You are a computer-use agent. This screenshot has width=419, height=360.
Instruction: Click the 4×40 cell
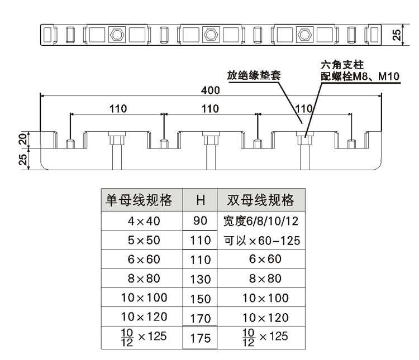[144, 221]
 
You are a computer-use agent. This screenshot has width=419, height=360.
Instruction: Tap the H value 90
[200, 221]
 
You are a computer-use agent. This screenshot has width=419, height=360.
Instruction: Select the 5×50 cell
[144, 241]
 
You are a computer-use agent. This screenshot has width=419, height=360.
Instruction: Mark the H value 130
[200, 279]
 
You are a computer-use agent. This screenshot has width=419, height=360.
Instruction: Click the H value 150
[200, 299]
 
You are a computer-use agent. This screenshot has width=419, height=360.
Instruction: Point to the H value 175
[200, 338]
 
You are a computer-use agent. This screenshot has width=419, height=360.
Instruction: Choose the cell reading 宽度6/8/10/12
[261, 221]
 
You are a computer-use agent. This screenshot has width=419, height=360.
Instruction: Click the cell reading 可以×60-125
[261, 241]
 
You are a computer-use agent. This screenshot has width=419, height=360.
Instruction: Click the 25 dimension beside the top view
[396, 35]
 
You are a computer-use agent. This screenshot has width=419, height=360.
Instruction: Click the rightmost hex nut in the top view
[304, 35]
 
